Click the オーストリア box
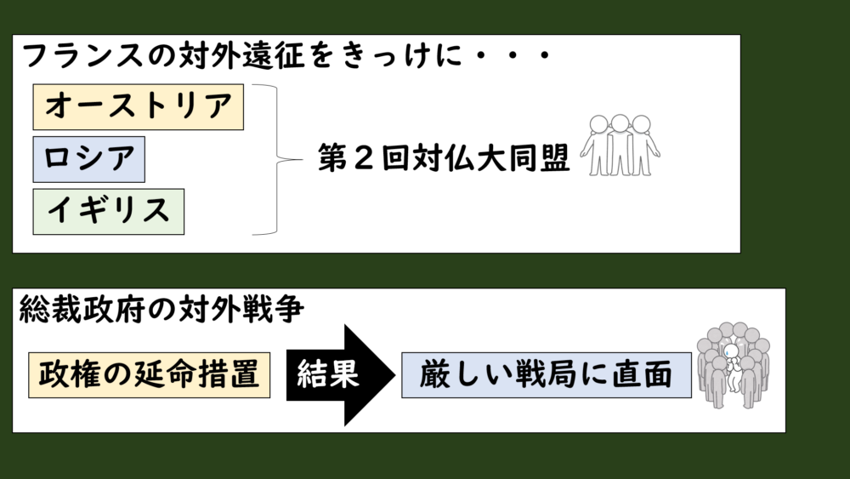(138, 106)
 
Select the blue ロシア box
(88, 159)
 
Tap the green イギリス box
(108, 210)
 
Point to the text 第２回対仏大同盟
(444, 159)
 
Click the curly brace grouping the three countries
(270, 159)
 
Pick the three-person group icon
(620, 145)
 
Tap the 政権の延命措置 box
(149, 374)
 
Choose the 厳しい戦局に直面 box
(547, 374)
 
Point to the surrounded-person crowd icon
(733, 364)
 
